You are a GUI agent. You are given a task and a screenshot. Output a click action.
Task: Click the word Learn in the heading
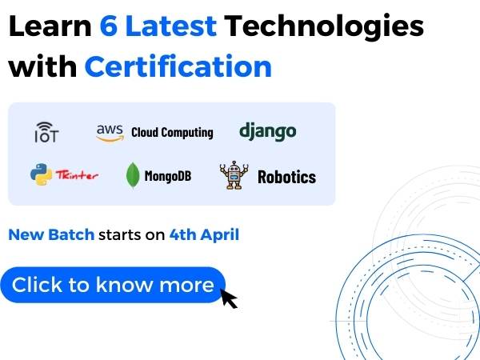coord(50,26)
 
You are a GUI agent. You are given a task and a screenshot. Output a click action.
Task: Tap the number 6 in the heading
coord(109,26)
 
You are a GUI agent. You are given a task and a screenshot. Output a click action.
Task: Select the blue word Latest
coord(171,26)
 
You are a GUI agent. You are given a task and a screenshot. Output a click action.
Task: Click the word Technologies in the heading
coord(324,27)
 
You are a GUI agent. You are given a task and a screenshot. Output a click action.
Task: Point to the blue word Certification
coord(178,66)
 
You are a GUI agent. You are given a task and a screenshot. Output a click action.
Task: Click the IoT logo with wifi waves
coord(46,132)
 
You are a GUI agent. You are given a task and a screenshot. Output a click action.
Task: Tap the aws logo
coord(110,133)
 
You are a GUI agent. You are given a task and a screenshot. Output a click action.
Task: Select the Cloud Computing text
coord(172,133)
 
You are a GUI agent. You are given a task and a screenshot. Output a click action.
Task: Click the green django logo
coord(267,132)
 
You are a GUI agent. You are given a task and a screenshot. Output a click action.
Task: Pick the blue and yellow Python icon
coord(41,174)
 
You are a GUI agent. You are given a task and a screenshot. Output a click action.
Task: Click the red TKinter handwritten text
coord(77,174)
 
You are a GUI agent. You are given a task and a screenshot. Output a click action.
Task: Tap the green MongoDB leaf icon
coord(133,174)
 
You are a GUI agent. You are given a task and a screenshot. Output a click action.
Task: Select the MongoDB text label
coord(168,176)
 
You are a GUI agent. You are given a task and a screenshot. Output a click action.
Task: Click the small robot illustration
coord(234,175)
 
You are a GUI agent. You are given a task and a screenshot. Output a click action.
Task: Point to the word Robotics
coord(287,177)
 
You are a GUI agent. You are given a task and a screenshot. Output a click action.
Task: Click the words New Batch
coord(51,234)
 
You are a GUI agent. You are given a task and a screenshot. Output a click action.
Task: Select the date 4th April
coord(204,235)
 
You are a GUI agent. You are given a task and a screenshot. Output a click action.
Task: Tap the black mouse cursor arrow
coord(229,298)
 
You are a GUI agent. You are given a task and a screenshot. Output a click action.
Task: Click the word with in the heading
coord(42,66)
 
